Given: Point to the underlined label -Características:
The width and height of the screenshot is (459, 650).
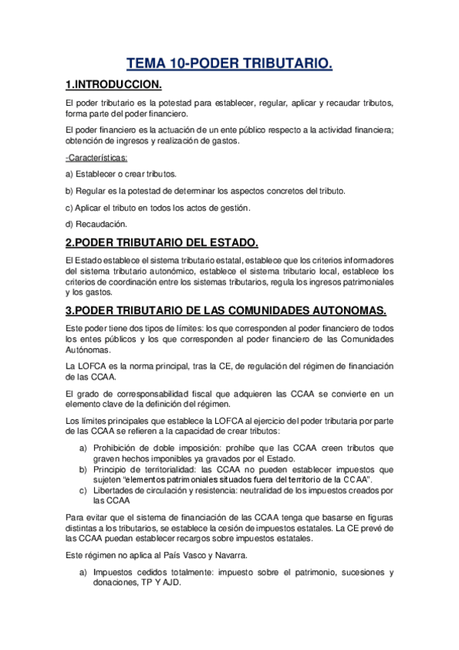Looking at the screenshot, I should click(97, 157).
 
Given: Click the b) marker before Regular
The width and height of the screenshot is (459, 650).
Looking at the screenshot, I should click(70, 191).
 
